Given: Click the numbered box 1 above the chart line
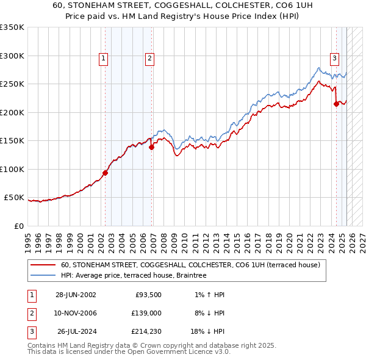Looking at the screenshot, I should click(104, 59).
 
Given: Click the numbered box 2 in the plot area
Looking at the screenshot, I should click(149, 59).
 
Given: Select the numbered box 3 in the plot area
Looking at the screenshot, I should click(335, 59).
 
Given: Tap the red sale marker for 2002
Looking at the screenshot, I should click(105, 173).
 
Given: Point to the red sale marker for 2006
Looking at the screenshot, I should click(151, 147).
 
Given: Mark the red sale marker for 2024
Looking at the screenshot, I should click(336, 104).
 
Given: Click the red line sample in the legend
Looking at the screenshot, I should click(44, 265).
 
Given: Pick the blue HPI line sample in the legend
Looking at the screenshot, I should click(44, 275).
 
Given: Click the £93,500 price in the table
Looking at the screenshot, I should click(148, 295).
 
